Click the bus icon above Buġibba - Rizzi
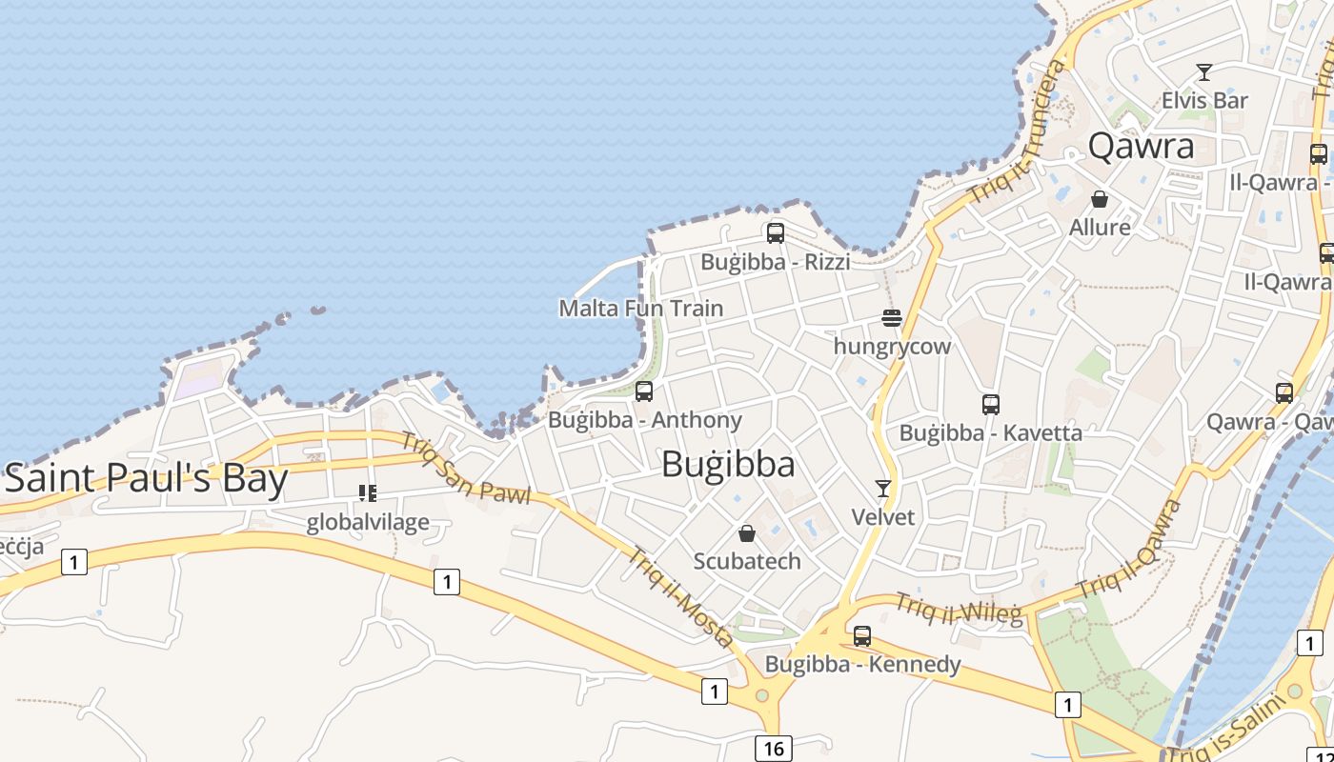tap(775, 232)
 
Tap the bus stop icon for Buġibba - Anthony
tap(644, 391)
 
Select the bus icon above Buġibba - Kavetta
tap(991, 404)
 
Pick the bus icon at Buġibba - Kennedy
tap(862, 635)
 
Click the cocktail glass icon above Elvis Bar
tap(1204, 71)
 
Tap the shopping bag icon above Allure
tap(1100, 199)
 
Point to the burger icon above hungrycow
tap(892, 317)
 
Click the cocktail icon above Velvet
tap(883, 489)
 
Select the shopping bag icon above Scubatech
tap(747, 533)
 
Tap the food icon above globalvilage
tap(368, 492)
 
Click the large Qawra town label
tap(1141, 146)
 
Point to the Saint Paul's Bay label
tap(147, 478)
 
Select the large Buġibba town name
tap(728, 465)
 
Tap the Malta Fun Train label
tap(640, 309)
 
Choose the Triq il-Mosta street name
tap(679, 596)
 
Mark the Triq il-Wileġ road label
tap(960, 609)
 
